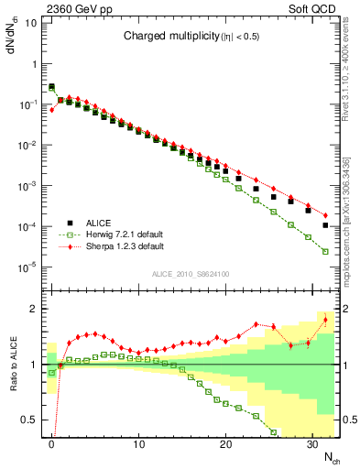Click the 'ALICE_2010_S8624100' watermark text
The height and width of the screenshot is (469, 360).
pyautogui.click(x=191, y=274)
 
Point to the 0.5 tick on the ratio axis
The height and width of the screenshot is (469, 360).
pyautogui.click(x=29, y=420)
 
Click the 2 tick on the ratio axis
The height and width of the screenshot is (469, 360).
pyautogui.click(x=35, y=309)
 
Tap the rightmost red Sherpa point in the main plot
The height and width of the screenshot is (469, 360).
pyautogui.click(x=325, y=215)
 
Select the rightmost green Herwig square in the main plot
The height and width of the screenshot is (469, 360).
pyautogui.click(x=325, y=251)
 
